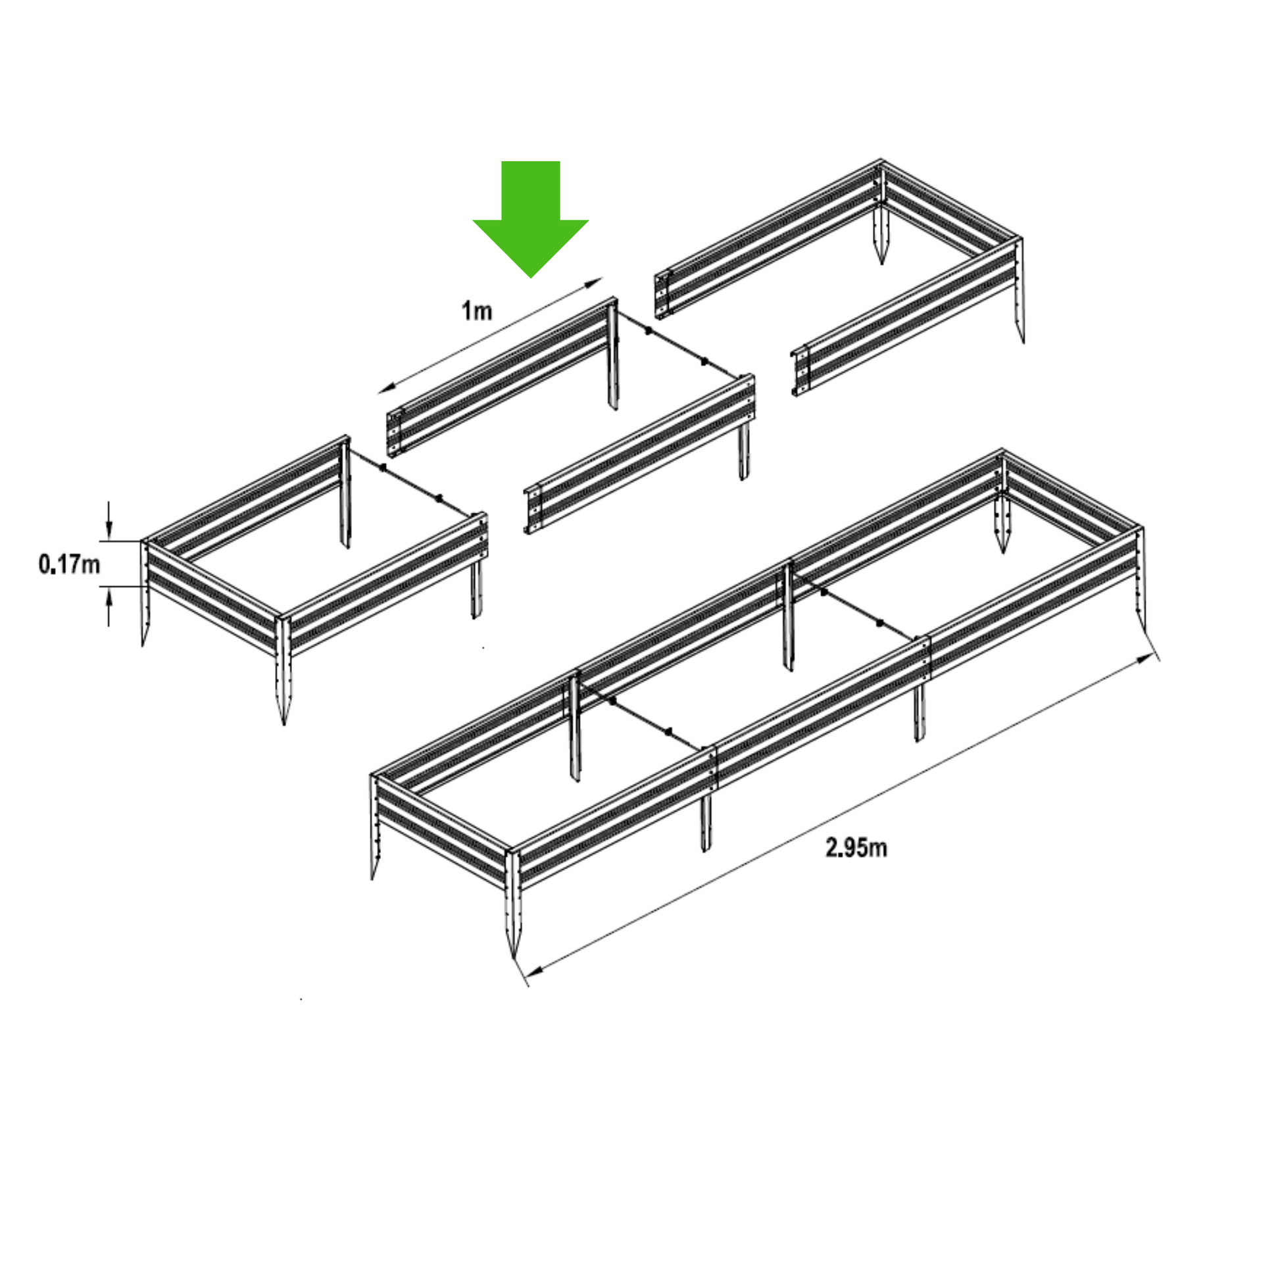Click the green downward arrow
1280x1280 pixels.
click(x=531, y=218)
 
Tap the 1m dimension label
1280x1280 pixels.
click(x=477, y=310)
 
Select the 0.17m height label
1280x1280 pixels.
click(x=70, y=564)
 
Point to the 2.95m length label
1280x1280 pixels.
click(x=856, y=847)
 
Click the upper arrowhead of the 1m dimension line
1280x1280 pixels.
click(x=595, y=282)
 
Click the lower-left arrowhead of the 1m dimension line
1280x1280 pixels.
click(x=386, y=389)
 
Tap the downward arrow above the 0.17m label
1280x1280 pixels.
click(x=109, y=522)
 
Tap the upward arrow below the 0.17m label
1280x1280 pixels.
click(x=109, y=606)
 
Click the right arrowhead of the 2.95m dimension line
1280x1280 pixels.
click(x=1145, y=658)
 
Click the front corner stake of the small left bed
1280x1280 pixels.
click(x=283, y=669)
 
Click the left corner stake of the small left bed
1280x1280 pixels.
click(x=145, y=593)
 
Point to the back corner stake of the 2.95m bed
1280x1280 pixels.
click(x=1002, y=504)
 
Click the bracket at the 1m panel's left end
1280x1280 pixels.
click(x=395, y=433)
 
